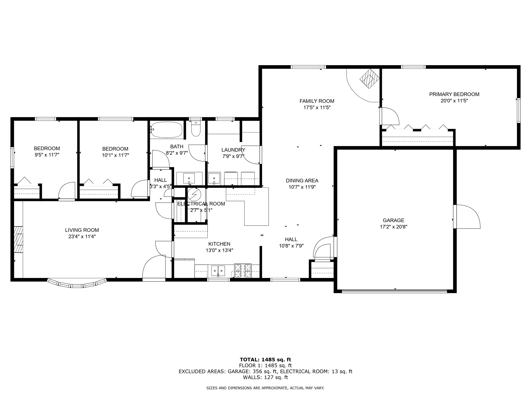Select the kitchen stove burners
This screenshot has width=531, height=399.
(243, 270)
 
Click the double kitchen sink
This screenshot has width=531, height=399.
(218, 271)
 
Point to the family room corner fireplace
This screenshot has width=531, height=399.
(369, 79)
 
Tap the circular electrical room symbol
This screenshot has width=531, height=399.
(194, 194)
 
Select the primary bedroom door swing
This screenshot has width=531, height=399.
(390, 116)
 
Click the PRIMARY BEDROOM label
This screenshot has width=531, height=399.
(454, 94)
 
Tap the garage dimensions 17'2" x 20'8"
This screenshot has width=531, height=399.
(394, 227)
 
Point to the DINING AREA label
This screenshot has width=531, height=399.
(302, 181)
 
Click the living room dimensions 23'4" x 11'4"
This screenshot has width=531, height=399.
(82, 236)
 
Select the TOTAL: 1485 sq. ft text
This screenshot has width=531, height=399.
(265, 360)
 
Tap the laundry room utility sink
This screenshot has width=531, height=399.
(214, 178)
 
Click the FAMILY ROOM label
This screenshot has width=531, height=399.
(317, 101)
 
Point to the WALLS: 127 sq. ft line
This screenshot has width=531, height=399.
(265, 377)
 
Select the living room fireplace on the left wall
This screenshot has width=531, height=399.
(18, 240)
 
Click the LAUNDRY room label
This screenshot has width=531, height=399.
(233, 150)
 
